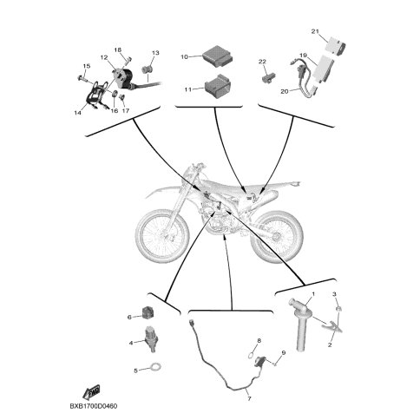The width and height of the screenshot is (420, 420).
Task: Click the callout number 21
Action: [315, 31]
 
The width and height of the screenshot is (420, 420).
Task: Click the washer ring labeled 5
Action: [155, 367]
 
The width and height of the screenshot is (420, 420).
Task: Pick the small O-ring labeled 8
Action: [252, 353]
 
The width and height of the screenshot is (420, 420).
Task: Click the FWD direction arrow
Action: [91, 392]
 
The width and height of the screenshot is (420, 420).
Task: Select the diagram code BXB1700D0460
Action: [94, 406]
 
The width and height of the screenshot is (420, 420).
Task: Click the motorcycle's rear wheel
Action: [277, 237]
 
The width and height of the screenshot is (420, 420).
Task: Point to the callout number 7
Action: [249, 398]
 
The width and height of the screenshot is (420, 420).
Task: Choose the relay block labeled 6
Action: [148, 313]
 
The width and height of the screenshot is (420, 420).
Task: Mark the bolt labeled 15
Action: [82, 78]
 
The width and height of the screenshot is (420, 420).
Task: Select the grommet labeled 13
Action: [148, 70]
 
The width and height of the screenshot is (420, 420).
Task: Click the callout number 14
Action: [77, 113]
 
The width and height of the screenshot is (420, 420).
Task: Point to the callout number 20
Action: [285, 91]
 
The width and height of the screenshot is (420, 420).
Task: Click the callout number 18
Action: [117, 50]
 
